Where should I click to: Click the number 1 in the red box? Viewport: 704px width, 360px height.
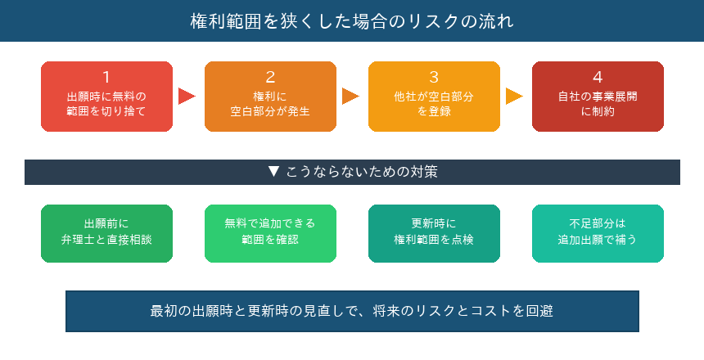click(x=106, y=78)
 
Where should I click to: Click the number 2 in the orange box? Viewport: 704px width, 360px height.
click(x=270, y=78)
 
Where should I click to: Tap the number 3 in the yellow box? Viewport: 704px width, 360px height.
click(x=434, y=78)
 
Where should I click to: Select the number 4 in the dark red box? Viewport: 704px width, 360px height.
click(x=598, y=78)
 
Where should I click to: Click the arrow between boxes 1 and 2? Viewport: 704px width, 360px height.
click(x=187, y=96)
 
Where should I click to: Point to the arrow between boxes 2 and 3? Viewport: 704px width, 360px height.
click(x=350, y=96)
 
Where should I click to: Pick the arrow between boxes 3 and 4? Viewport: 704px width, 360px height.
click(x=514, y=96)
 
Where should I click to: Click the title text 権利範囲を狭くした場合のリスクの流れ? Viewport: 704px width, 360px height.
click(x=352, y=20)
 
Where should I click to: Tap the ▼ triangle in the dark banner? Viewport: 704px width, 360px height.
click(x=274, y=172)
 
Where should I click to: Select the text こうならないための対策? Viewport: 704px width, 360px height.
click(x=361, y=172)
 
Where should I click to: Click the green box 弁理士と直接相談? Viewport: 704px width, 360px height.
click(x=106, y=233)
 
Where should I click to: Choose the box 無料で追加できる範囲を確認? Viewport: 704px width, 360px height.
click(x=270, y=233)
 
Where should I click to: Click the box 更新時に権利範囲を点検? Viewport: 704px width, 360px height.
click(x=434, y=233)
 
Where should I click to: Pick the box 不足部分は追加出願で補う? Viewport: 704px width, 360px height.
click(x=598, y=233)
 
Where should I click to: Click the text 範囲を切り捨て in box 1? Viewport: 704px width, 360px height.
click(x=106, y=111)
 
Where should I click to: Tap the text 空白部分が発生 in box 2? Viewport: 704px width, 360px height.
click(x=270, y=111)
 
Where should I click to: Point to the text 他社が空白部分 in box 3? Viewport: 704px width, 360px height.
click(x=434, y=97)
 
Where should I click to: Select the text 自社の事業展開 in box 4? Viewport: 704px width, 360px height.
click(x=598, y=97)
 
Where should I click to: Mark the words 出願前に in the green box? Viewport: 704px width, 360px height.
click(x=106, y=223)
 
